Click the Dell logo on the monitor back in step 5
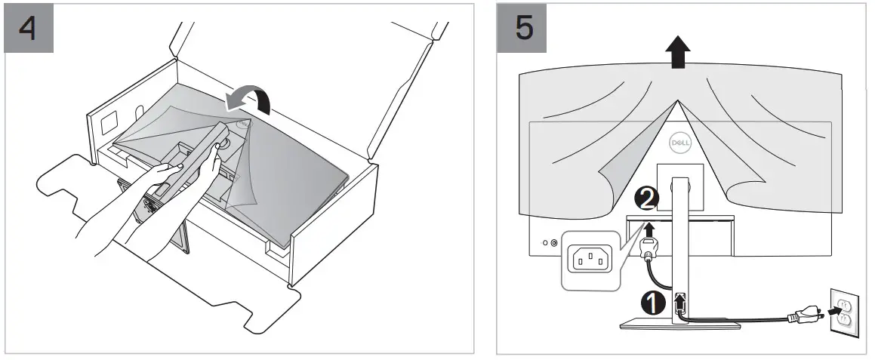click(676, 141)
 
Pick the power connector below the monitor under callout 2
click(649, 246)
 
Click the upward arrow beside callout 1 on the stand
click(679, 302)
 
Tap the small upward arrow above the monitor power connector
click(647, 225)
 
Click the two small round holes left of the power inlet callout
click(550, 243)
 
